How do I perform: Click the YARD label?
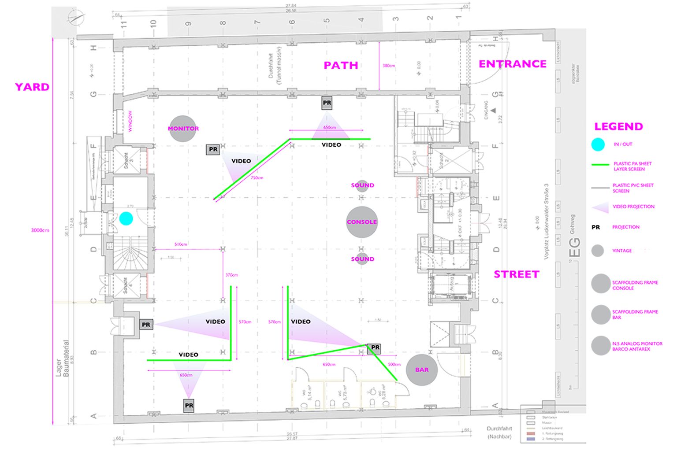click(x=32, y=87)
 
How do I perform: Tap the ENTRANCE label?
click(x=513, y=64)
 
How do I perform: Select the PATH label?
click(x=341, y=65)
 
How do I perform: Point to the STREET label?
click(x=517, y=274)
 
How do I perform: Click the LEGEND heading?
click(x=618, y=126)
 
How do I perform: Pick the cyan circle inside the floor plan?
click(x=126, y=218)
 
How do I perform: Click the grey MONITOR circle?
click(x=182, y=129)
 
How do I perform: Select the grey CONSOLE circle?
click(x=362, y=222)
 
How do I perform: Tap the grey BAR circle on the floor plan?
click(x=422, y=370)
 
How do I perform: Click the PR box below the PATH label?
click(x=327, y=103)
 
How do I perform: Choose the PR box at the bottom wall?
click(x=189, y=405)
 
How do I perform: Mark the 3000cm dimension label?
click(x=40, y=230)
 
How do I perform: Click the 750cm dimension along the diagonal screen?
click(x=257, y=178)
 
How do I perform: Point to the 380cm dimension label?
click(x=389, y=66)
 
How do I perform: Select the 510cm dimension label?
click(x=181, y=244)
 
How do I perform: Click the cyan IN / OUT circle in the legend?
click(x=598, y=144)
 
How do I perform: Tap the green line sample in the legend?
click(x=600, y=165)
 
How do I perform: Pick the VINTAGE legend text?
click(x=622, y=251)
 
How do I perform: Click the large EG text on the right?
click(x=575, y=248)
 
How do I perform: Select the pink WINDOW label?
click(x=130, y=121)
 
